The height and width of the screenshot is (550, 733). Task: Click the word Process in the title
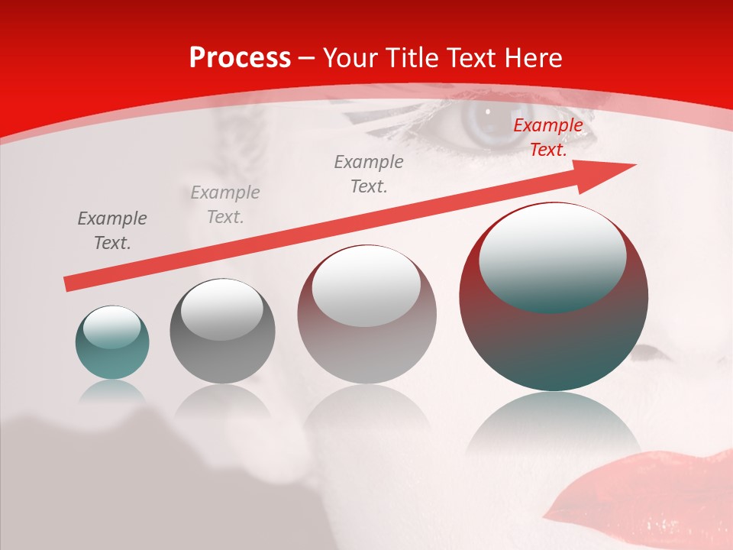pyautogui.click(x=240, y=58)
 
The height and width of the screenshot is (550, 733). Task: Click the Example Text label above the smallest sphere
pyautogui.click(x=112, y=231)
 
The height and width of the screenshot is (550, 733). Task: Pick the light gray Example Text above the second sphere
pyautogui.click(x=225, y=205)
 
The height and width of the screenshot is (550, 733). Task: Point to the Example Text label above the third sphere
pyautogui.click(x=369, y=173)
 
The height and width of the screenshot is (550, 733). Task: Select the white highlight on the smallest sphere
pyautogui.click(x=111, y=326)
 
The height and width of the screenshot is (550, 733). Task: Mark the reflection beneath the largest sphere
pyautogui.click(x=554, y=424)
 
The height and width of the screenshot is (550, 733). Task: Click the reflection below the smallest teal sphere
pyautogui.click(x=112, y=391)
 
